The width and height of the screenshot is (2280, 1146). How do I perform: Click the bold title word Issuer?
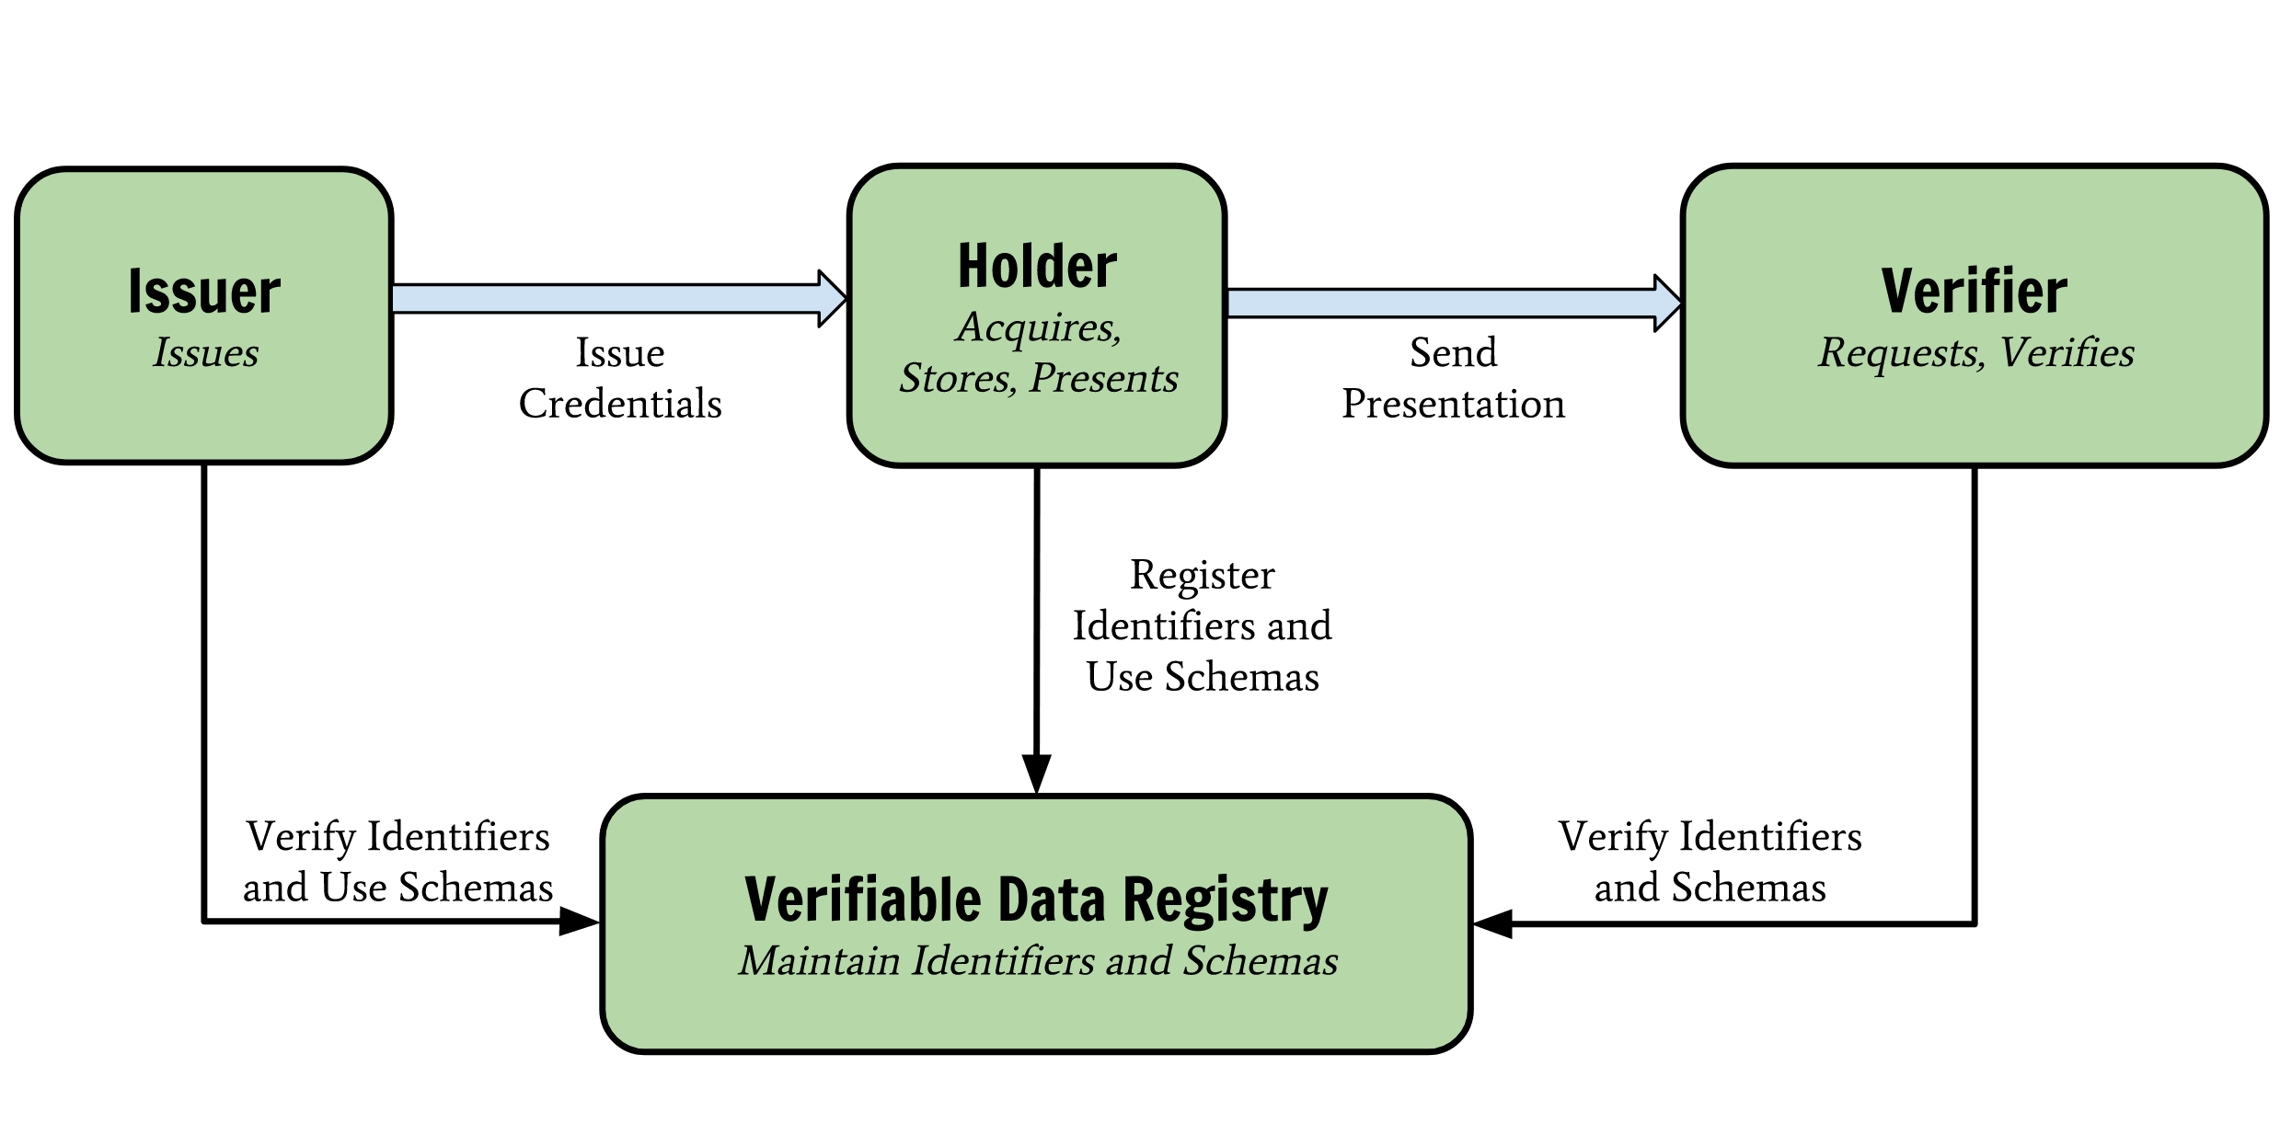tap(204, 292)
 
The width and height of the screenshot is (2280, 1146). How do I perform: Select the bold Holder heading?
tap(1038, 266)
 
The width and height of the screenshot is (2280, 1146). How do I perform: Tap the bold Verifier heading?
tap(1975, 292)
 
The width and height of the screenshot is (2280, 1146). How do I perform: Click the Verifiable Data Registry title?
tap(1037, 899)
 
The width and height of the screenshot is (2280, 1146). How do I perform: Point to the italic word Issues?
tap(206, 353)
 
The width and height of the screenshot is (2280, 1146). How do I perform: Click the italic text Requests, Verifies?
tap(1976, 353)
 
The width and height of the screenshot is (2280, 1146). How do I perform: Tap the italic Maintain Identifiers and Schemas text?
tap(1038, 961)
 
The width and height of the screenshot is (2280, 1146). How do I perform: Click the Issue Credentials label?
tap(620, 378)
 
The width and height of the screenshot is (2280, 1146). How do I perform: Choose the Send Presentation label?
tap(1454, 378)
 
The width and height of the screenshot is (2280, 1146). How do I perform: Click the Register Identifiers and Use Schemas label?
tap(1203, 625)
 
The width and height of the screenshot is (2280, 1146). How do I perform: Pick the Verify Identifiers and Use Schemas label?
tap(397, 862)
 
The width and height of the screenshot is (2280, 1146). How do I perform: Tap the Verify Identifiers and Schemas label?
tap(1710, 862)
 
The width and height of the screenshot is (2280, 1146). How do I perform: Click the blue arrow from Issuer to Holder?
tap(619, 299)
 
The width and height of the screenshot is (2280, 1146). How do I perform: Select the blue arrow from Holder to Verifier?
tap(1455, 304)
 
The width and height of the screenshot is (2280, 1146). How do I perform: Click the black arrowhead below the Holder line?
tap(1037, 774)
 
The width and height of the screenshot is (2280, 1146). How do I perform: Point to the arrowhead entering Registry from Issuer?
tap(580, 921)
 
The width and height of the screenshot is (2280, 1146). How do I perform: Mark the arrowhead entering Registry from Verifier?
tap(1492, 923)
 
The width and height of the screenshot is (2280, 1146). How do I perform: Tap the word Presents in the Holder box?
tap(1104, 379)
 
